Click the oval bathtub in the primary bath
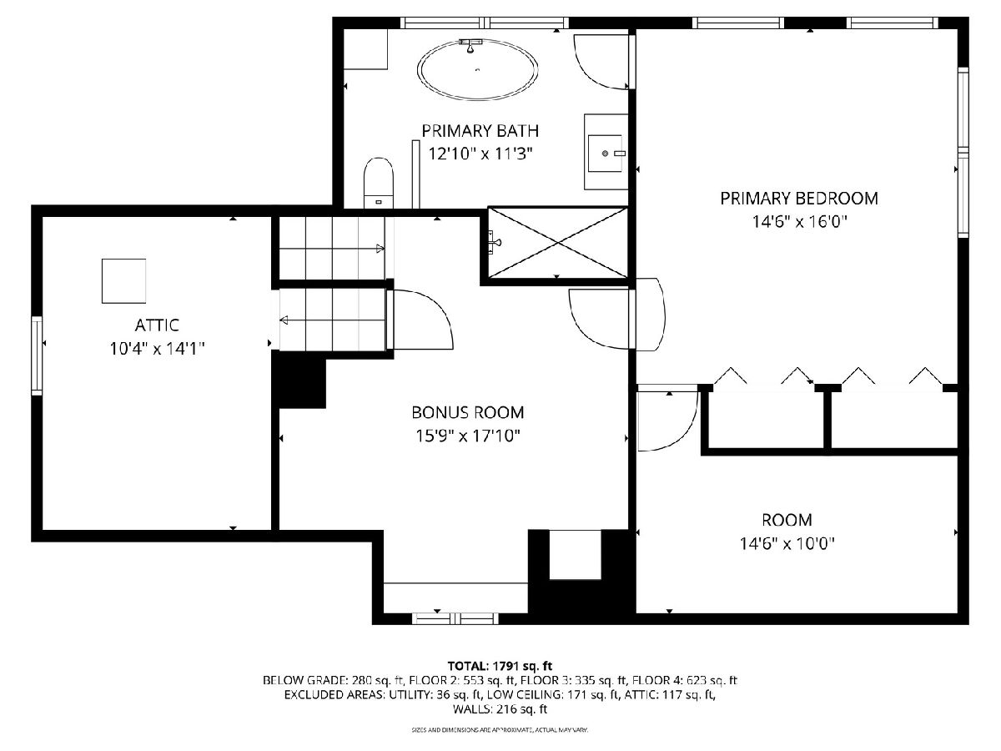pos(477,70)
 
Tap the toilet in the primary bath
pos(379,183)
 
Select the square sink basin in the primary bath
pos(605,154)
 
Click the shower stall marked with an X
pos(558,242)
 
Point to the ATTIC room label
pos(157,325)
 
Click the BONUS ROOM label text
pos(467,413)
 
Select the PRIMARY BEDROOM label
pos(799,199)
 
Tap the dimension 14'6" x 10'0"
pos(787,543)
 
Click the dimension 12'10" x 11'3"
pos(480,154)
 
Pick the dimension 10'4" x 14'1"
pos(157,349)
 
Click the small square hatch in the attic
pos(123,281)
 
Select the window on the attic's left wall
pos(37,355)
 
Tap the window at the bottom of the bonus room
pos(455,618)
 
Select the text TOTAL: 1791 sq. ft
pos(500,666)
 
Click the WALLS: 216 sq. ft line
pos(500,709)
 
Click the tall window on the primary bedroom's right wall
pos(963,153)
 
